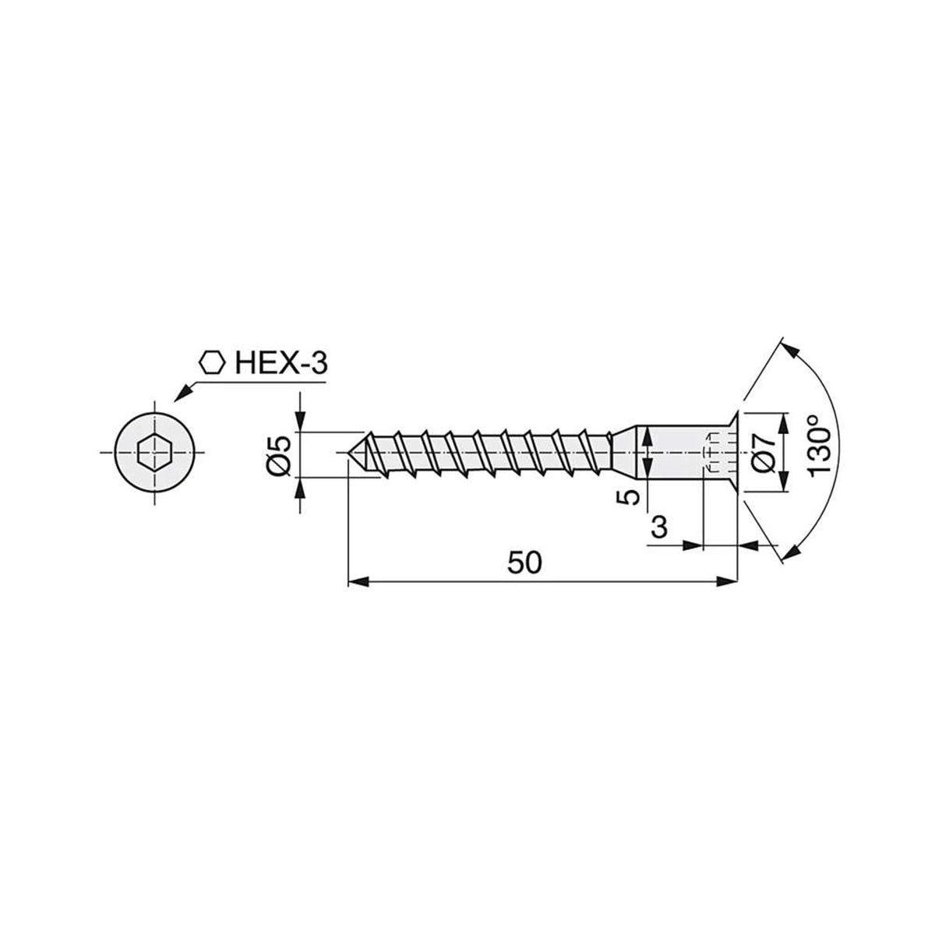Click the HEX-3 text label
[281, 363]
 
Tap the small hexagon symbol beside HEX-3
[213, 362]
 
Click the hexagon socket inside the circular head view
[155, 453]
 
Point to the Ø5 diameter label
[280, 454]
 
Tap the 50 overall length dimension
[524, 563]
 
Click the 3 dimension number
[659, 527]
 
